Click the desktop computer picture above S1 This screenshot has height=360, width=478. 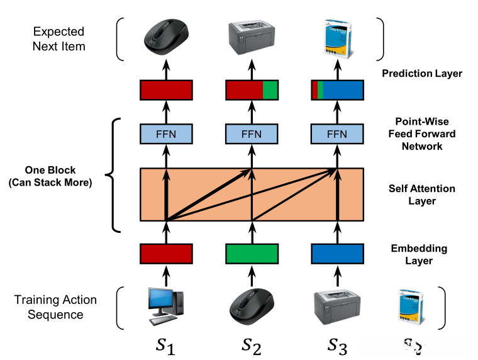pos(166,307)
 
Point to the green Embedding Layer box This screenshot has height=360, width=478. pos(252,253)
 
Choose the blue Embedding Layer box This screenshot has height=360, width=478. pos(338,253)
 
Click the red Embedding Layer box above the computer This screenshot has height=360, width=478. pos(166,253)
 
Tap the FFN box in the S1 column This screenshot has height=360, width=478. pos(166,134)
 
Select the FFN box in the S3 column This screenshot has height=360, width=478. pos(338,134)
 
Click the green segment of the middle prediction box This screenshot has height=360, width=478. pos(270,90)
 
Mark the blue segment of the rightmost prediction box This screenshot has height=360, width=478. pos(343,90)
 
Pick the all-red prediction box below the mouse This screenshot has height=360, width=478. pos(166,90)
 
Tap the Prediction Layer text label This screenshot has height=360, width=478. pos(422,74)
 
